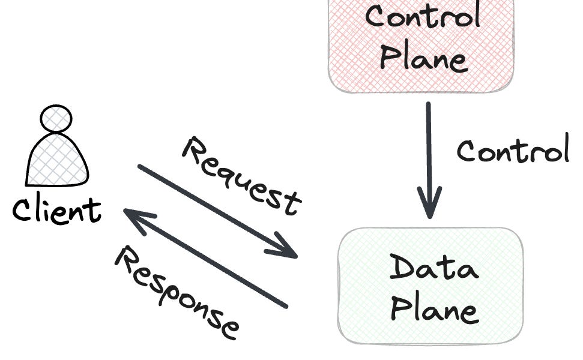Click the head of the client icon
(x=56, y=119)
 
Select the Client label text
(x=57, y=210)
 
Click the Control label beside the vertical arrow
(x=512, y=150)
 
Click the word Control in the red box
(x=423, y=16)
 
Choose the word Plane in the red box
(x=423, y=58)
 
